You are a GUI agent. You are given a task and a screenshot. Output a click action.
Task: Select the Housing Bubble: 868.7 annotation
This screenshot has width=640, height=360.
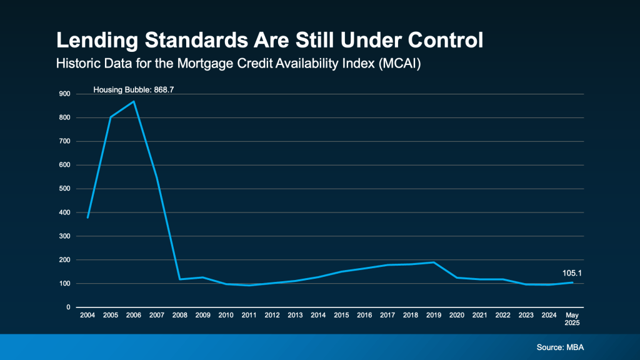[x=133, y=90]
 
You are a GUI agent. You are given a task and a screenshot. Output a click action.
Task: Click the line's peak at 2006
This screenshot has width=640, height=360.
[x=134, y=101]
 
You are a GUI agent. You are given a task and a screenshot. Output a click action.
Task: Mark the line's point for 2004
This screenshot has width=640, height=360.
[x=87, y=217]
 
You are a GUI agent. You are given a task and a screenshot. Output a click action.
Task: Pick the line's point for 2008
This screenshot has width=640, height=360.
[x=180, y=279]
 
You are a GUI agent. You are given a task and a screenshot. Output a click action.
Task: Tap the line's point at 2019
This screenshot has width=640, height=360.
[x=434, y=262]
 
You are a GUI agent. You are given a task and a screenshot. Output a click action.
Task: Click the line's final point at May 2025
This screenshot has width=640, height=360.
[x=572, y=282]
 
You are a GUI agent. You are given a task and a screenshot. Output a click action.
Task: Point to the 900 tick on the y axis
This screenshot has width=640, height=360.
[x=64, y=94]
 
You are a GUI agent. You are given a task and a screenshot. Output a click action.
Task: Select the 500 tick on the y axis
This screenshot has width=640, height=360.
[x=64, y=189]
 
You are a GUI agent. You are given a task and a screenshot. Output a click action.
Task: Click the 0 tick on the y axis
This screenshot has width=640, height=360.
[x=68, y=307]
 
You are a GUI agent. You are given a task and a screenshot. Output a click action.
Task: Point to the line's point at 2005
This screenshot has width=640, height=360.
[x=111, y=117]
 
